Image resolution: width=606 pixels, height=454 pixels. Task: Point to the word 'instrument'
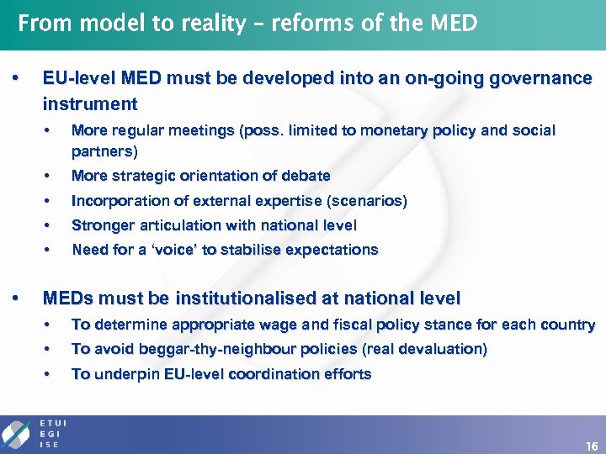click(90, 104)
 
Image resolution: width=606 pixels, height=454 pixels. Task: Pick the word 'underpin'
click(117, 374)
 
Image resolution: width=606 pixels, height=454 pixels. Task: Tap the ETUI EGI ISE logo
click(34, 433)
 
